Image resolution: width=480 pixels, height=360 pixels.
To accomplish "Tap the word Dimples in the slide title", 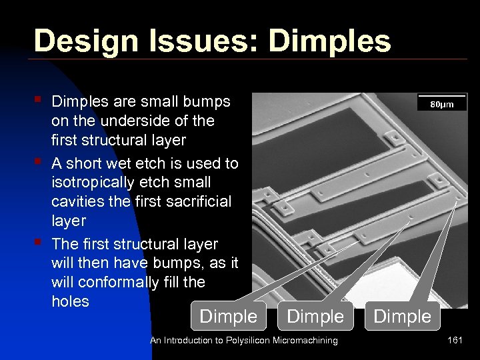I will coord(329,41).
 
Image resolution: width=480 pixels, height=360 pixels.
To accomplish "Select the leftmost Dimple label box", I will coord(228,316).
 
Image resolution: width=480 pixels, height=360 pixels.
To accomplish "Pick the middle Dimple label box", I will coord(315,316).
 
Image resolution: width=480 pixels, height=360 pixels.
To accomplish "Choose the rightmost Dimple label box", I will coord(403,316).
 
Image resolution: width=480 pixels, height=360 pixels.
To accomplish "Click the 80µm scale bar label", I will coord(441,104).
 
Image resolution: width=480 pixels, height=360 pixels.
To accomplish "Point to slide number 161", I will coord(455,341).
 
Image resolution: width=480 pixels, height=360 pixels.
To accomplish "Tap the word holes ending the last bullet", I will coord(70,301).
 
